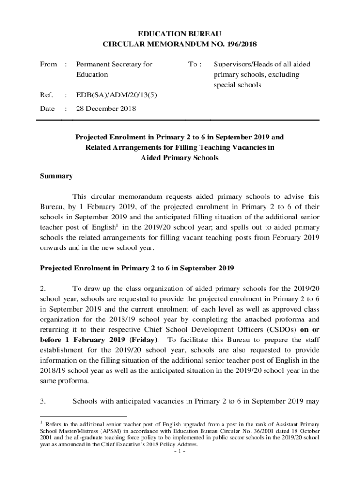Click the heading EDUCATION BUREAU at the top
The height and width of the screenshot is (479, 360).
180,34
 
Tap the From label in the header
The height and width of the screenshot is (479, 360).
48,64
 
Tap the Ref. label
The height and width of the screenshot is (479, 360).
47,95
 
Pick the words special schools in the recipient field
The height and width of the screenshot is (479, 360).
238,85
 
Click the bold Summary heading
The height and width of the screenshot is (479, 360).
56,176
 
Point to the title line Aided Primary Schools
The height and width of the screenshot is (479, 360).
180,158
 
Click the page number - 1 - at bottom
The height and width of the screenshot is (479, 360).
180,452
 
